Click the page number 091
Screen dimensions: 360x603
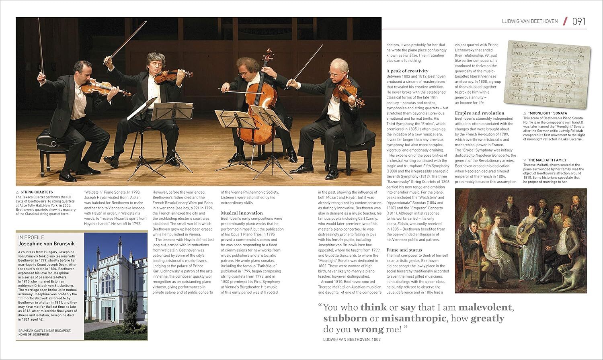coord(579,21)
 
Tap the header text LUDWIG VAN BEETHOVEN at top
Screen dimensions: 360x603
coord(530,21)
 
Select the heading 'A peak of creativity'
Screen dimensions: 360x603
coord(407,71)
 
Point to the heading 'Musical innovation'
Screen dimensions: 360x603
coord(242,213)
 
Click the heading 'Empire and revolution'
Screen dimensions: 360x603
coord(479,113)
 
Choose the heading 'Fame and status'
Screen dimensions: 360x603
coord(404,250)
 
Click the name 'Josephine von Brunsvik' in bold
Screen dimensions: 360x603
coord(46,243)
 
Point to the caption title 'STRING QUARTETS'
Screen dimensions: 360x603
coord(37,192)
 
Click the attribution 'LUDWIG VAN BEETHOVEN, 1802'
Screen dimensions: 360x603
coord(352,340)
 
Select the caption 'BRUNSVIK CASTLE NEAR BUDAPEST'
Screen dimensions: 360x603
coord(45,331)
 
